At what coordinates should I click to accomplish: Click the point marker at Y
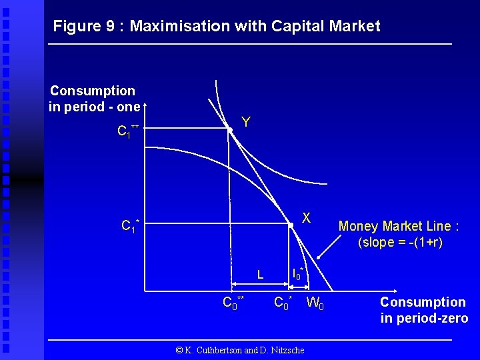click(229, 131)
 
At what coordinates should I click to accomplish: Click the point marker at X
click(291, 225)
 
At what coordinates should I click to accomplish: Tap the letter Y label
click(246, 122)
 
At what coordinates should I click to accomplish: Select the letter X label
click(306, 217)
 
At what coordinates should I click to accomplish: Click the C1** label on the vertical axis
click(128, 131)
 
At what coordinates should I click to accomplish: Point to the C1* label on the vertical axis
click(130, 225)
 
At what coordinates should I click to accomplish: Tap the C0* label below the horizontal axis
click(283, 303)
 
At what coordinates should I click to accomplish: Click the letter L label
click(261, 274)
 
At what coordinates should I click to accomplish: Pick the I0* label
click(298, 273)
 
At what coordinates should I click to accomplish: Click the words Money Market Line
click(399, 226)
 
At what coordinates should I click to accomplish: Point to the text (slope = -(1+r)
click(400, 242)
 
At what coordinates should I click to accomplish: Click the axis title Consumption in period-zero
click(423, 310)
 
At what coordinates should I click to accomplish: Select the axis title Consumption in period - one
click(93, 99)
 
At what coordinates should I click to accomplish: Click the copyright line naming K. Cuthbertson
click(239, 350)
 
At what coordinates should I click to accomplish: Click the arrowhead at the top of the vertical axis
click(145, 105)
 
